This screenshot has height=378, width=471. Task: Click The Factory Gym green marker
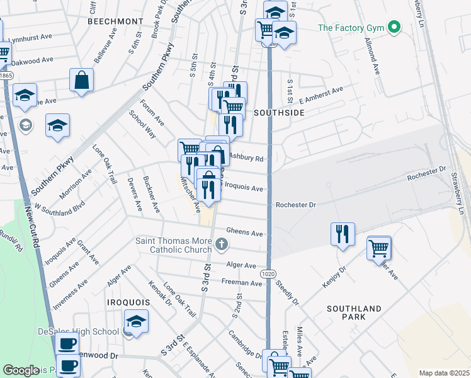(395, 27)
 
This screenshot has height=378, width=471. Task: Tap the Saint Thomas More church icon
(221, 243)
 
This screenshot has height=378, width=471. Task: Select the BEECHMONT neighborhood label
(115, 21)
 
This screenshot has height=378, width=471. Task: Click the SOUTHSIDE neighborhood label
(279, 113)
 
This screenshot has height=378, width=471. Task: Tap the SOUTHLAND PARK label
(354, 312)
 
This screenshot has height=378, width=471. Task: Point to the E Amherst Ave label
(321, 95)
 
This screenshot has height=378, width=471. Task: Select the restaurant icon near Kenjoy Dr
(343, 234)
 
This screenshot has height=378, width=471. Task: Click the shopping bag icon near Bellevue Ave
(82, 80)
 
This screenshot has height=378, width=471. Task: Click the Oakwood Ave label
(33, 61)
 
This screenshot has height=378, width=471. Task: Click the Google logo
(21, 370)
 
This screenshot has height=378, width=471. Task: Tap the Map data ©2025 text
(443, 373)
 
